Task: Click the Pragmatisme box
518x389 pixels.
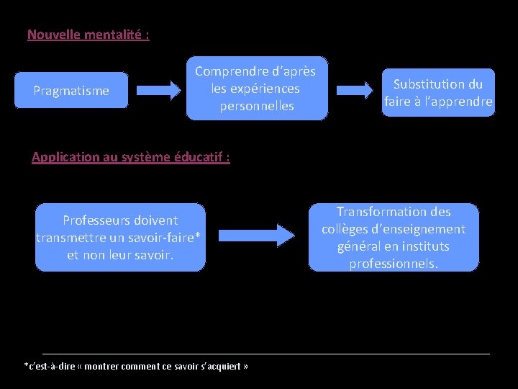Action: click(x=71, y=90)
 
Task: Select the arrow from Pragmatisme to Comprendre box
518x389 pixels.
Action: click(x=159, y=90)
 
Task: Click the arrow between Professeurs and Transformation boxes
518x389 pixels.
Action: click(x=256, y=235)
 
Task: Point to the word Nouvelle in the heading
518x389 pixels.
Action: click(x=53, y=34)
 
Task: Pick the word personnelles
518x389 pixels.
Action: click(x=257, y=106)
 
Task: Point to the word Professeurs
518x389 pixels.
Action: click(x=99, y=220)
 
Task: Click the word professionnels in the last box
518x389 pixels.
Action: click(x=393, y=264)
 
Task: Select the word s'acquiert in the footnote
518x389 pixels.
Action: click(x=221, y=366)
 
